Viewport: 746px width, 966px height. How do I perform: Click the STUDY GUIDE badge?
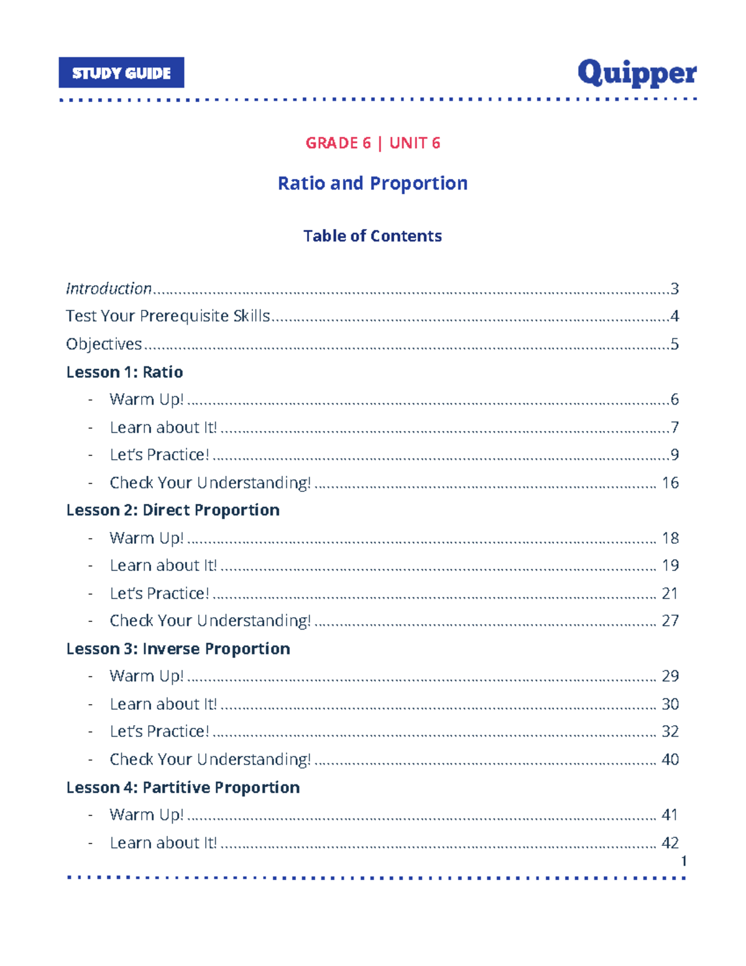121,73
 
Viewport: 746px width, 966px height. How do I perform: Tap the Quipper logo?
637,73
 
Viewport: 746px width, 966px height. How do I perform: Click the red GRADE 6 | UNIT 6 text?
372,143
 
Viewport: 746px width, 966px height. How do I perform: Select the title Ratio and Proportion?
372,183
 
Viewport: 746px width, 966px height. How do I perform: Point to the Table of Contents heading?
372,236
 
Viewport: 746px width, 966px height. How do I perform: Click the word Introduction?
109,289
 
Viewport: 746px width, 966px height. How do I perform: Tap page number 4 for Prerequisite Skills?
675,316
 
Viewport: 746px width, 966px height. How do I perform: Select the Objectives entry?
104,344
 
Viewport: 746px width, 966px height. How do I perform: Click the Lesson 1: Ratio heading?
124,372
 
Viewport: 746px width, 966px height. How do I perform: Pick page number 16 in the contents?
670,483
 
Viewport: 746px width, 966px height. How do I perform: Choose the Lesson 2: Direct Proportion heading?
173,510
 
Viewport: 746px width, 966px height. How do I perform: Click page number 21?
670,593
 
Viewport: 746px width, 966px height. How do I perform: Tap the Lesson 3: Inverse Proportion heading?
178,649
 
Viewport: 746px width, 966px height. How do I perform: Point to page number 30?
670,704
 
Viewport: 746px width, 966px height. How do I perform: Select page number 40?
670,759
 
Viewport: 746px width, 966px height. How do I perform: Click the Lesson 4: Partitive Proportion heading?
183,787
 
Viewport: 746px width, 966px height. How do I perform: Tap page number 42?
670,843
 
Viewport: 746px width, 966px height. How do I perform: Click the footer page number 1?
684,861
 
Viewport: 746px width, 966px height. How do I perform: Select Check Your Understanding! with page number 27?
210,621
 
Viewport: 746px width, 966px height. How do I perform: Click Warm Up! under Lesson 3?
147,676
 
